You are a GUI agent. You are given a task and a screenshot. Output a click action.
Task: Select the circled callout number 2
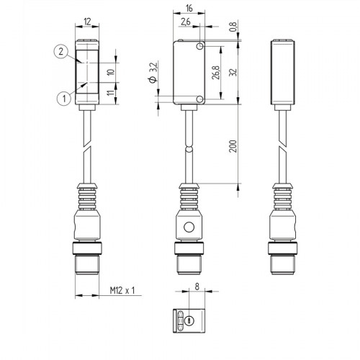60,50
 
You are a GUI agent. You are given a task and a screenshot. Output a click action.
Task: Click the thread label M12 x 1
122,292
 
